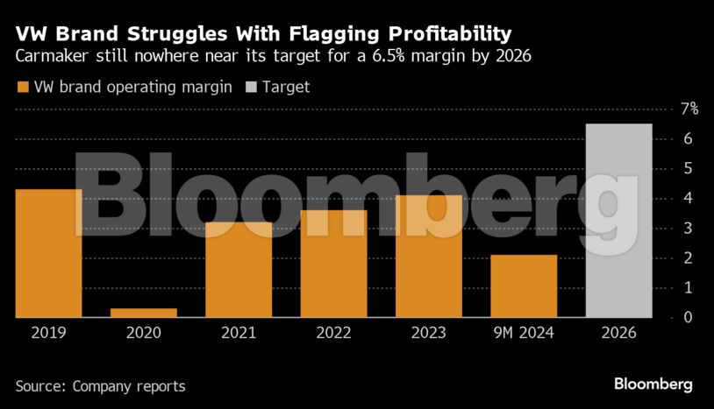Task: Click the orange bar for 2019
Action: click(48, 253)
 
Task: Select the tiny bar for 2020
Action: click(144, 313)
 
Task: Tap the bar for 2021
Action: click(239, 270)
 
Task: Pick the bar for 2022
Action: click(333, 264)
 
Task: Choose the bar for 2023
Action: click(428, 256)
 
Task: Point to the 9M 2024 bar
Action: click(524, 286)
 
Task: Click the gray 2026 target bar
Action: click(618, 221)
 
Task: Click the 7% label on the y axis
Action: click(689, 109)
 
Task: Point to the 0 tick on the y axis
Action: click(689, 317)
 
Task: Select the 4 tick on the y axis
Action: click(689, 198)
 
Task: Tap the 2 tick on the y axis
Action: click(689, 257)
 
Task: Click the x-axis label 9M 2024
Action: click(524, 334)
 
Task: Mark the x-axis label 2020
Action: click(144, 334)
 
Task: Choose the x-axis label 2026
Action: click(618, 334)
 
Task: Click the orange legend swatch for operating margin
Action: click(22, 87)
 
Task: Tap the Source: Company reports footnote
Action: click(100, 385)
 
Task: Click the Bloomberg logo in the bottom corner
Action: click(653, 384)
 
